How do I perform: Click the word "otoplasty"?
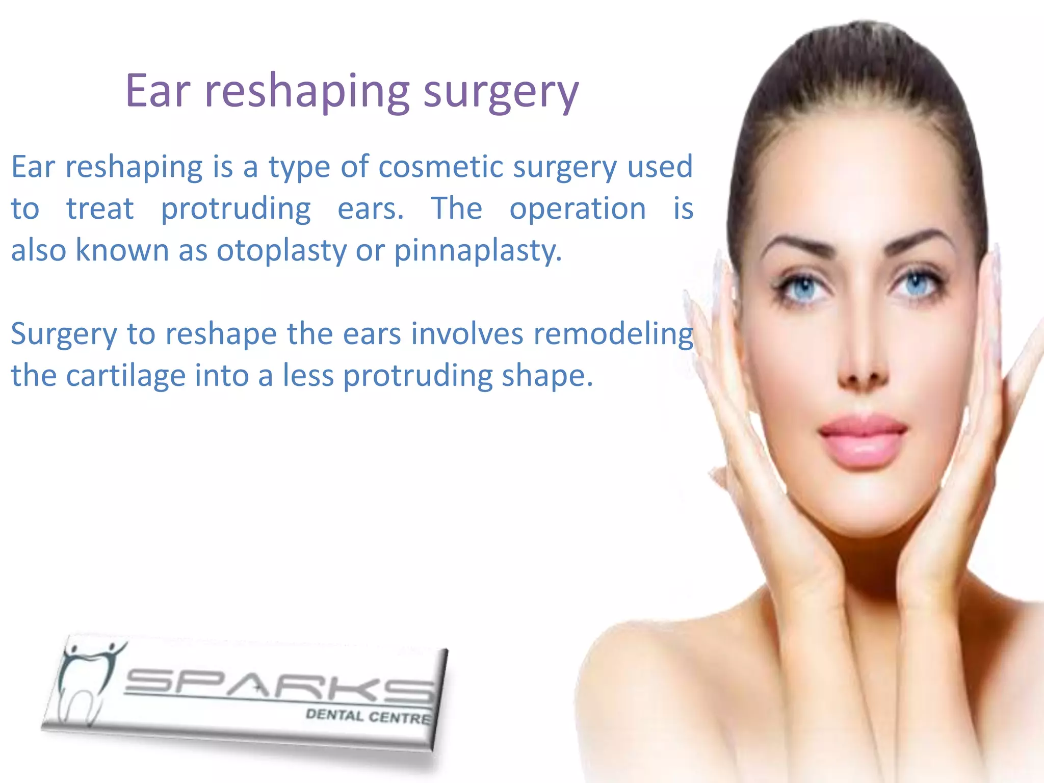click(281, 251)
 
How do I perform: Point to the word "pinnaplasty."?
click(478, 251)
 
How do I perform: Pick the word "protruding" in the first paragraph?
click(236, 209)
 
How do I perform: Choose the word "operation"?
click(578, 208)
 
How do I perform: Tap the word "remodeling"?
click(613, 334)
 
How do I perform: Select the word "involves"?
click(467, 334)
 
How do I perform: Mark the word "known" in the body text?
click(122, 250)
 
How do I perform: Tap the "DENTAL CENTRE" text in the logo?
click(368, 716)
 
